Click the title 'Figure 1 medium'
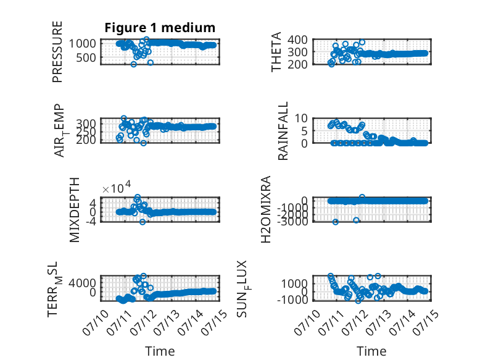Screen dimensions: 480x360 pos(160,28)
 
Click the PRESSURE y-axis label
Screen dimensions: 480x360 pos(57,52)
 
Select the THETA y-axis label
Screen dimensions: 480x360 pos(276,52)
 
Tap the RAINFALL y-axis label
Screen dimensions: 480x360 pos(283,131)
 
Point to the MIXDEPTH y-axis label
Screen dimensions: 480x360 pos(75,210)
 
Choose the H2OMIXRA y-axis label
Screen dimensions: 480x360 pos(266,209)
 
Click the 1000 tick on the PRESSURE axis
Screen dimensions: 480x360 pos(82,43)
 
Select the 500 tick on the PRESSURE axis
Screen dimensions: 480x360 pos(86,57)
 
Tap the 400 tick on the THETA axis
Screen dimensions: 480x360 pos(297,40)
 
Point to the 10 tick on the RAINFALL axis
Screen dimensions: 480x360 pos(301,118)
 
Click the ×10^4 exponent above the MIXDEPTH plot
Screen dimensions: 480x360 pos(117,188)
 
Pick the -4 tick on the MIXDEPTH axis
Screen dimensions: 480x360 pos(91,221)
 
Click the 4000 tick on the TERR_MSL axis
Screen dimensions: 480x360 pos(82,283)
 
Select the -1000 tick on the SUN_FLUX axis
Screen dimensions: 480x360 pos(292,299)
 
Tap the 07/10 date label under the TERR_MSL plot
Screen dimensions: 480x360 pos(96,322)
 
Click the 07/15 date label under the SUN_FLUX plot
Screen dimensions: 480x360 pos(426,322)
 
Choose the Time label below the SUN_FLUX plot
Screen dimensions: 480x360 pos(371,351)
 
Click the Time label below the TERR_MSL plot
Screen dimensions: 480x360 pos(160,351)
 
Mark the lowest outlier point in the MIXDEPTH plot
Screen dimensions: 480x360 pos(143,222)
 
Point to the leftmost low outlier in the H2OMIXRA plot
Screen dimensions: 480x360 pos(336,222)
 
